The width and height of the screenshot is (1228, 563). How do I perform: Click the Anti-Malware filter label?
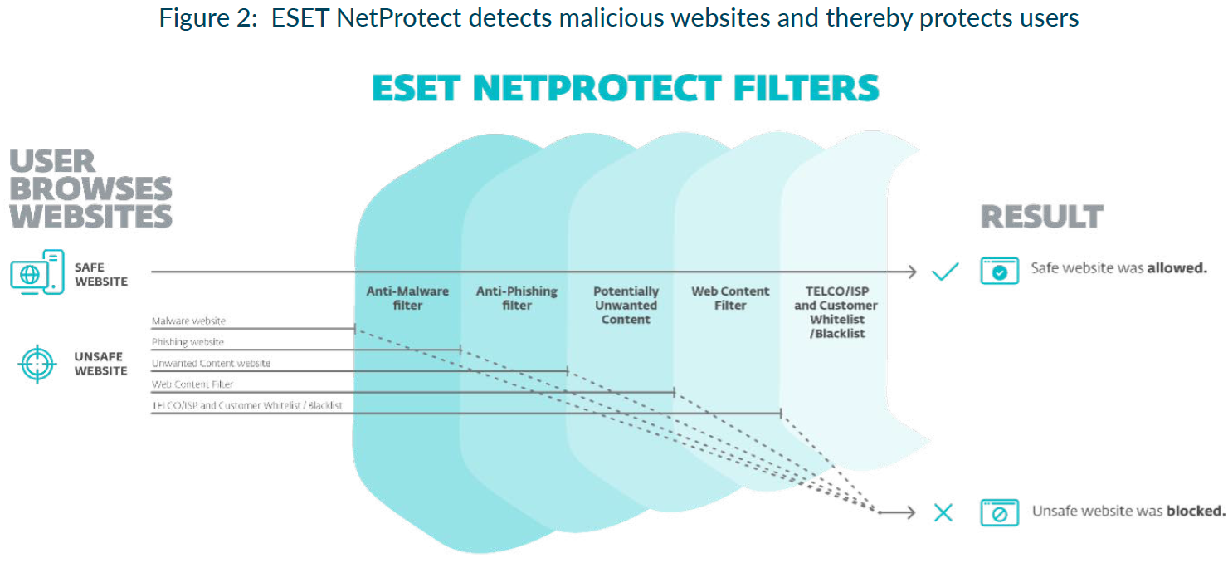coord(407,298)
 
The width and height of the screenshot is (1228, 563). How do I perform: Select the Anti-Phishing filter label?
coord(516,298)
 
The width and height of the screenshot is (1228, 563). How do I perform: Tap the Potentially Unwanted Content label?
coord(626,305)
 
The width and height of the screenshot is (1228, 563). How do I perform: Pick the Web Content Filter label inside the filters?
coord(730,298)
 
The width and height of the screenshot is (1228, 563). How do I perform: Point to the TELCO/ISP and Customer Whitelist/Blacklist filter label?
coord(836,312)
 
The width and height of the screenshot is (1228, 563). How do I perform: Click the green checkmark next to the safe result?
coord(944,272)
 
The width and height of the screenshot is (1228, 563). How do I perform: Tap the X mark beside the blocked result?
coord(943,512)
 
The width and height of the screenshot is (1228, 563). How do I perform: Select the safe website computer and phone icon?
coord(37,272)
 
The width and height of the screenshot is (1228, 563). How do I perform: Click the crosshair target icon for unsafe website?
coord(37,363)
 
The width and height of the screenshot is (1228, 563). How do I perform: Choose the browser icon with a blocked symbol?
coord(999,512)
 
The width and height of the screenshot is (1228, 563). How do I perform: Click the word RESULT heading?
coord(1042,217)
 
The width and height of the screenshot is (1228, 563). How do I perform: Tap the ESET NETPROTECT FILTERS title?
coord(625,88)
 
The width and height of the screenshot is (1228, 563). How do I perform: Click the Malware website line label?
coord(188,321)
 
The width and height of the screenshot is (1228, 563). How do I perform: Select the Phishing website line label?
coord(188,342)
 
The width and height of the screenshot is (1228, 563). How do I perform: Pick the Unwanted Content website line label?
coord(211,364)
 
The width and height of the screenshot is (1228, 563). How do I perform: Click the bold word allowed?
coord(1177,268)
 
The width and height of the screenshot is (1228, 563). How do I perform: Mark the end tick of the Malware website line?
coord(355,329)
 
